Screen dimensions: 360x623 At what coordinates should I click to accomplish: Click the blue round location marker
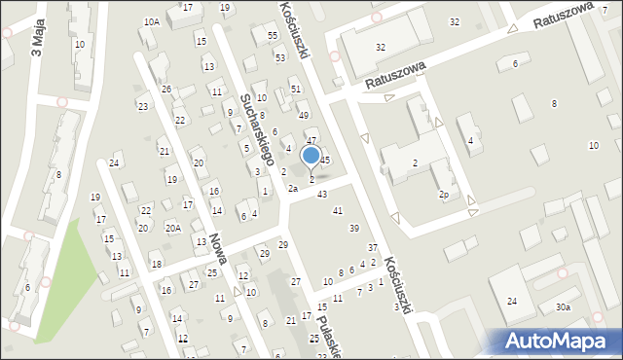(311, 155)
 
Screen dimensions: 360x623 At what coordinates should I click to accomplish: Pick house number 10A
(151, 21)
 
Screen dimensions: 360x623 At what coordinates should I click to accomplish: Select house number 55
(272, 36)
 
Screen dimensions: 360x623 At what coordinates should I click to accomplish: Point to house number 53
(279, 57)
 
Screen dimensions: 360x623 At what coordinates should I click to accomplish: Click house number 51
(295, 89)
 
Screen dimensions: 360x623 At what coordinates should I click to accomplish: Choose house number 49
(303, 115)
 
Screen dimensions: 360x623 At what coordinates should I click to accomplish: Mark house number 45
(325, 160)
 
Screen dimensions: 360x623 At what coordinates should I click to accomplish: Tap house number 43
(322, 194)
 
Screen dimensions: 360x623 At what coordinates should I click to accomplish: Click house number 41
(338, 210)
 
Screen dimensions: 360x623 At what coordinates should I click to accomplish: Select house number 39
(353, 228)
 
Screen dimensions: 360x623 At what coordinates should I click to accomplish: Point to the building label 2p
(443, 195)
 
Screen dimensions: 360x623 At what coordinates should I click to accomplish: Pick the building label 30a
(563, 307)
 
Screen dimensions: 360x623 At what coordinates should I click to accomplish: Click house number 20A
(172, 228)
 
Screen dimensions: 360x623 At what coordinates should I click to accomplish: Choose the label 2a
(291, 189)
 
